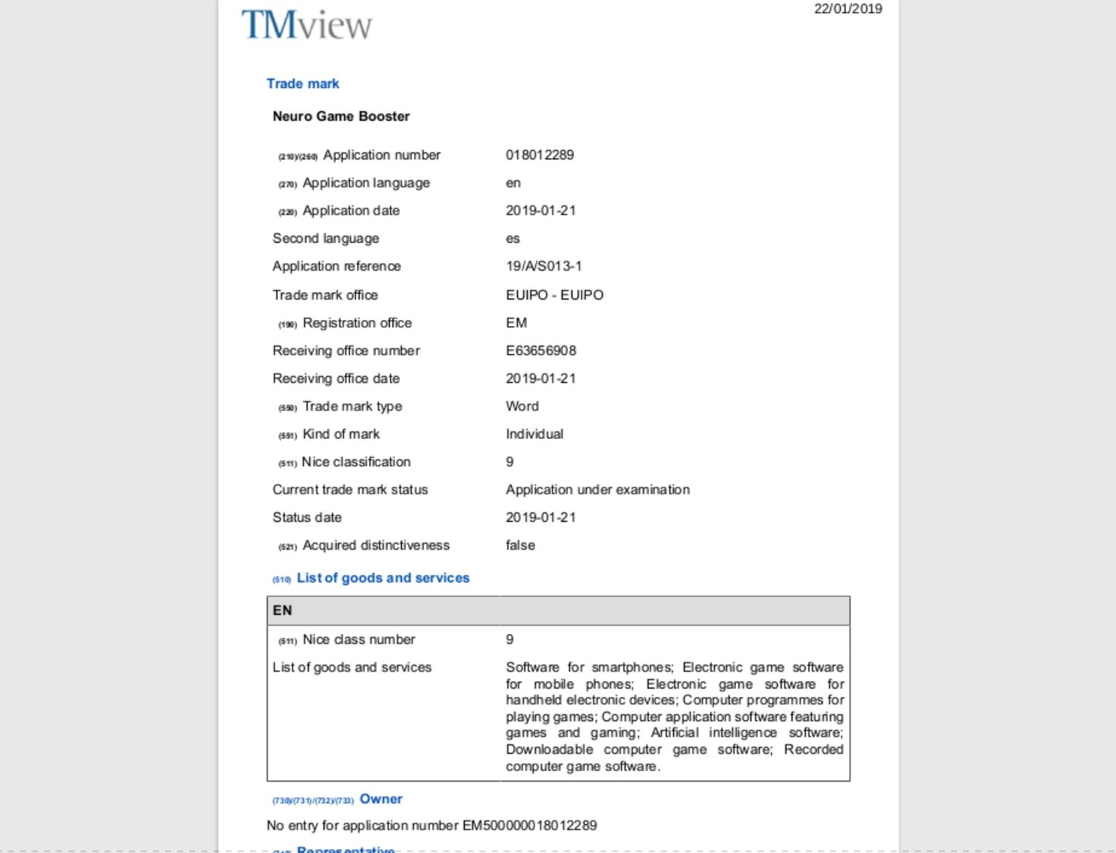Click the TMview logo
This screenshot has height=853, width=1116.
pos(306,24)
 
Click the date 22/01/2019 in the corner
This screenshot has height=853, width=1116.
pos(848,9)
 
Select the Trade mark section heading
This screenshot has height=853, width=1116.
pos(303,83)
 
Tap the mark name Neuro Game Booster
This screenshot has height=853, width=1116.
pos(341,116)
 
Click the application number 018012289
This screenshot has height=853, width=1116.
pos(540,155)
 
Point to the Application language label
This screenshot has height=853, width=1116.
pos(365,183)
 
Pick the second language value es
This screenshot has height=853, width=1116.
pos(513,238)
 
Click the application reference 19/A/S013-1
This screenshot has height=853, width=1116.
pos(544,266)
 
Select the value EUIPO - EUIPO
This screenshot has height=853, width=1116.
pos(554,295)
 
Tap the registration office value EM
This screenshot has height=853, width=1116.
pos(516,323)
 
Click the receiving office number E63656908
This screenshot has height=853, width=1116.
pos(541,350)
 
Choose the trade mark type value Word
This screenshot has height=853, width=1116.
pos(522,406)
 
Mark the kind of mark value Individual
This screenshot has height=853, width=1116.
pos(534,434)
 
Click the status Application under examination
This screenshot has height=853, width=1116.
pos(597,490)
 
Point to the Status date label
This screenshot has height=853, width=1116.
pos(307,517)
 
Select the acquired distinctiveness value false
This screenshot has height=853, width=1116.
pos(520,545)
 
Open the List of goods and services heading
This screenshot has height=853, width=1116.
pos(383,578)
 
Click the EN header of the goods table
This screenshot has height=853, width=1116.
pos(283,610)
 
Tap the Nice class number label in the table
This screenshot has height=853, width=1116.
pos(359,639)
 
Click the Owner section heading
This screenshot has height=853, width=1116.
pos(381,799)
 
